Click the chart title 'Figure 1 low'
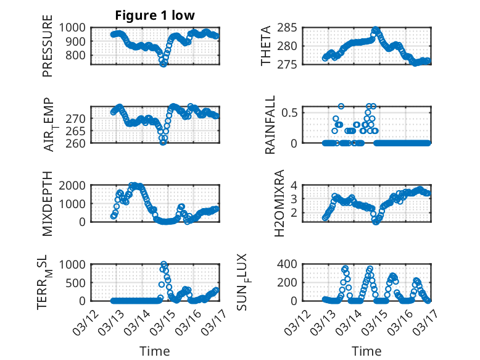point(155,15)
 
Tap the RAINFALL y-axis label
point(270,126)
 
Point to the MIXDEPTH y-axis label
point(48,204)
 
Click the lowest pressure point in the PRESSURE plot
point(163,64)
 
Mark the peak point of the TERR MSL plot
point(163,264)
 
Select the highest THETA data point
point(375,29)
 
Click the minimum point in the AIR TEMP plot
point(163,141)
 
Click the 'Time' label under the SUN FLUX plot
point(366,351)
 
